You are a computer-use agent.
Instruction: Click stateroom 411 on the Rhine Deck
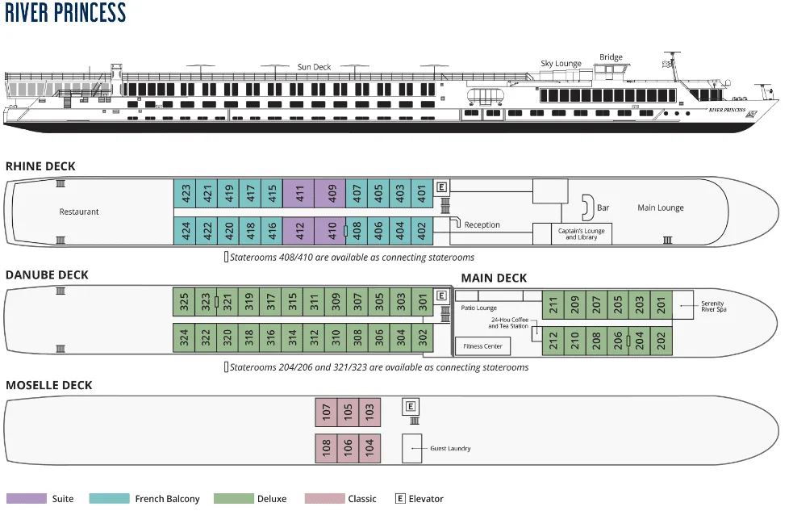(x=298, y=194)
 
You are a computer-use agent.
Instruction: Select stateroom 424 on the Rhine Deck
(x=186, y=231)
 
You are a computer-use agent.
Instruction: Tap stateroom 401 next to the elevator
(x=421, y=194)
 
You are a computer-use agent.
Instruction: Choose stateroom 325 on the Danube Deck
(x=184, y=302)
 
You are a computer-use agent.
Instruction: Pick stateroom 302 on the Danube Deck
(x=423, y=337)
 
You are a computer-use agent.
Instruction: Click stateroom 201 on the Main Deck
(x=661, y=305)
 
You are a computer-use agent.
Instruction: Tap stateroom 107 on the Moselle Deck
(x=326, y=413)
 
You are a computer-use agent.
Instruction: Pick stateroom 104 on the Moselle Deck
(x=369, y=448)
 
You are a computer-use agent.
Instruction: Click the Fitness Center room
(x=483, y=346)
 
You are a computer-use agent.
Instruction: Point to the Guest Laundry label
(x=449, y=448)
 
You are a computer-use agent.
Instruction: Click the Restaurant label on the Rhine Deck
(x=79, y=212)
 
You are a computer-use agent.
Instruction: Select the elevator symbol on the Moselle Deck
(x=411, y=406)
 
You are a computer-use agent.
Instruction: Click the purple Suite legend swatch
(x=27, y=499)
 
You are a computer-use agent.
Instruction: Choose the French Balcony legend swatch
(x=109, y=499)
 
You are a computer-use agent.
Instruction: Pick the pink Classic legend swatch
(x=324, y=499)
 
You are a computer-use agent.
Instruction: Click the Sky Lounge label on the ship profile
(x=561, y=63)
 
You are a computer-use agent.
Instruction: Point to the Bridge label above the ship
(x=611, y=57)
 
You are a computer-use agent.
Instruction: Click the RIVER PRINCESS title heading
(x=65, y=13)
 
